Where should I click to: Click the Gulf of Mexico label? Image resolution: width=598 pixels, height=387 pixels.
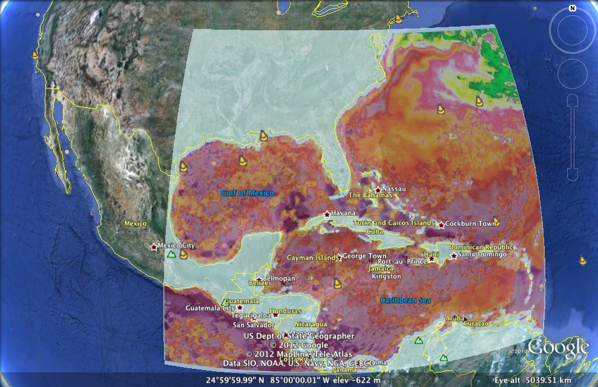coord(247,193)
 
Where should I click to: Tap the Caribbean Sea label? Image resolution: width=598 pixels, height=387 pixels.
coord(406,300)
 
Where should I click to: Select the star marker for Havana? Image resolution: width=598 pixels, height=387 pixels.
coord(327,214)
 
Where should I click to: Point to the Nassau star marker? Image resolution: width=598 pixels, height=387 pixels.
coord(378,190)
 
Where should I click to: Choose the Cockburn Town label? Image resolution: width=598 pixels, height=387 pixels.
coord(470,223)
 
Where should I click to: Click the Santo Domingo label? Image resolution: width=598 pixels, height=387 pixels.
coord(482,254)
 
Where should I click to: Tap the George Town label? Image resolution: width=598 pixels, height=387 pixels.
coord(364,256)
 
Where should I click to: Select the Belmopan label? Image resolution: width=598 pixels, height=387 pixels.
coord(279,278)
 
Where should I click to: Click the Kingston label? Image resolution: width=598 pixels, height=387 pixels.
coord(386,276)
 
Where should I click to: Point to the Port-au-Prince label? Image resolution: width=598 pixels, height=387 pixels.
coord(396,261)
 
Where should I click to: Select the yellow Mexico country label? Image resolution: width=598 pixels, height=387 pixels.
coord(135,223)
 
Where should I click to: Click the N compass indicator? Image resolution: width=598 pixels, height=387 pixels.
coord(572,8)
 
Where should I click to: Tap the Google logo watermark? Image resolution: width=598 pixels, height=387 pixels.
coord(558,348)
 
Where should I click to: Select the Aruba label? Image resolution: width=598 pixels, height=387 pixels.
coord(455,318)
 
